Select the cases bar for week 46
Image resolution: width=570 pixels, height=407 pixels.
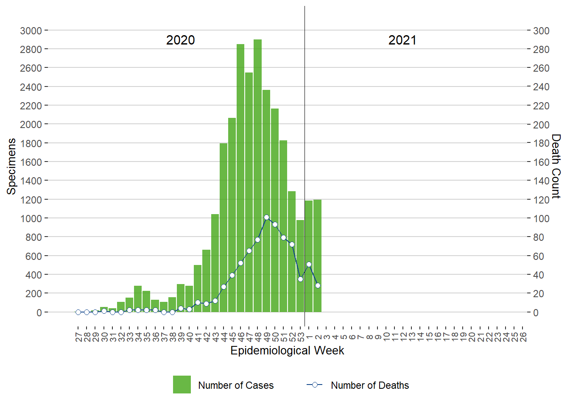click(240, 178)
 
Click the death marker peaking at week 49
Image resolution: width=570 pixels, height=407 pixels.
click(266, 217)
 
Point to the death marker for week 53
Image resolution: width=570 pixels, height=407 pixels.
click(300, 279)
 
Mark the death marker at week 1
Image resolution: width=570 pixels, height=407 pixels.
click(309, 265)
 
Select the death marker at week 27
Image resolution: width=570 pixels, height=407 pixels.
click(78, 312)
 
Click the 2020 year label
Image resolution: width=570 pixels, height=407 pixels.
click(180, 40)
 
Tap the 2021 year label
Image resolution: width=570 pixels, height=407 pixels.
click(402, 40)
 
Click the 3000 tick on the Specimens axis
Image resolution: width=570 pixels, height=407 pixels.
click(31, 31)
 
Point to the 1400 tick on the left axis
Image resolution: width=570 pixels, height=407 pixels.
click(31, 181)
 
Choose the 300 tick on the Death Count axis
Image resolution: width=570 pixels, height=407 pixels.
click(541, 31)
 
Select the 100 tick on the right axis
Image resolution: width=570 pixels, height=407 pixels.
click(541, 218)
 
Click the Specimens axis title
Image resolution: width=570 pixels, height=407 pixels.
click(11, 166)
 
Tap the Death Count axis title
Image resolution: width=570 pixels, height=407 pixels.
click(556, 166)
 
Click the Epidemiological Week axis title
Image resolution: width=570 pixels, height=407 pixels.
click(287, 351)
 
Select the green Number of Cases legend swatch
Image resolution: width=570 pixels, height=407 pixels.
click(182, 385)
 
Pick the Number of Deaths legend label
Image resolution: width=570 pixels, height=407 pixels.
click(370, 385)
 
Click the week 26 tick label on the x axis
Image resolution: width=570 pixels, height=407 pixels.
click(523, 337)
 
